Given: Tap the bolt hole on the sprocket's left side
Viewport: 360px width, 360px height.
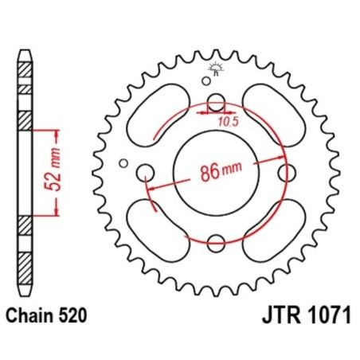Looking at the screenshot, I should tap(146, 172).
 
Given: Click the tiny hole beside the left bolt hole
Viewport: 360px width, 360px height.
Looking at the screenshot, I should tap(123, 164).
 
